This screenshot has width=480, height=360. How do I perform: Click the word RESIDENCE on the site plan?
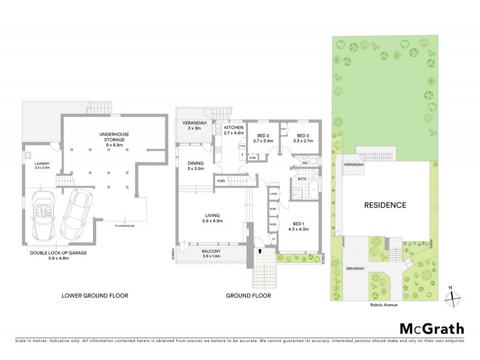[x=385, y=205]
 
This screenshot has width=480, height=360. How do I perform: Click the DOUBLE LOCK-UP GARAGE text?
[x=59, y=253]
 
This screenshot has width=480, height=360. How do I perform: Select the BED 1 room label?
[x=298, y=223]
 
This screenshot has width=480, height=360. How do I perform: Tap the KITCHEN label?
[x=233, y=128]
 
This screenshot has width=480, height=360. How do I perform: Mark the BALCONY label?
[x=214, y=251]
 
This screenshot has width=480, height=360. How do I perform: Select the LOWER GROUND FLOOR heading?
[x=95, y=296]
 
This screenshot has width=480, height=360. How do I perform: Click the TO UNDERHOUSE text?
[x=125, y=226]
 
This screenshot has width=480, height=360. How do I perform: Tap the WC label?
[x=305, y=162]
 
